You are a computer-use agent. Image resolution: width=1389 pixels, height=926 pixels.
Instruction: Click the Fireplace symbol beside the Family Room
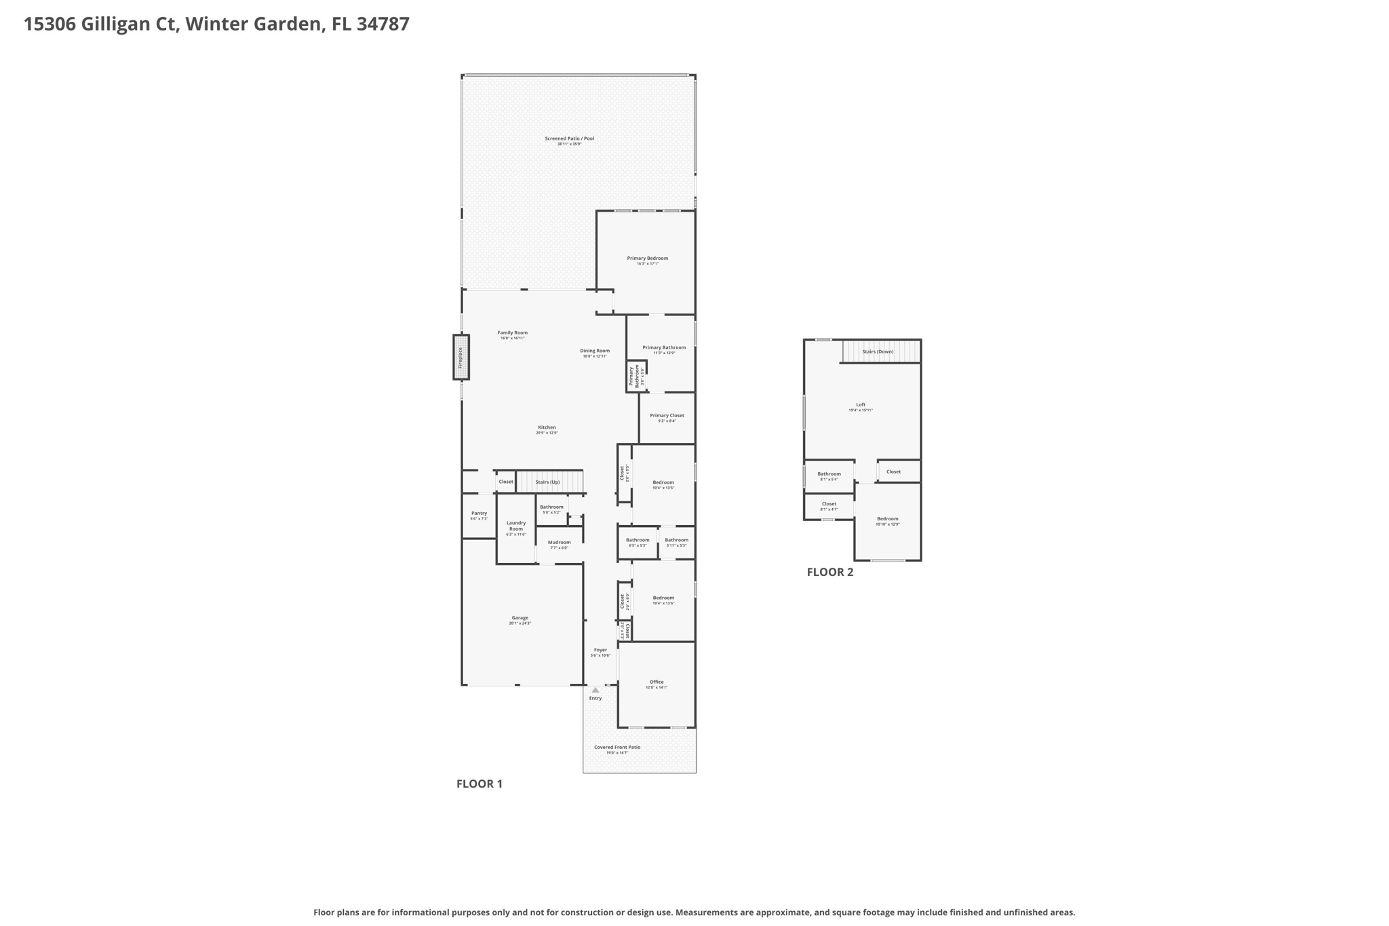coord(461,357)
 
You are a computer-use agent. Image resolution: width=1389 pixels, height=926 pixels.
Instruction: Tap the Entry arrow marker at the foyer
coord(595,690)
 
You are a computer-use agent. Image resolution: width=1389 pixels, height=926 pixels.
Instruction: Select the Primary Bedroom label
coord(647,258)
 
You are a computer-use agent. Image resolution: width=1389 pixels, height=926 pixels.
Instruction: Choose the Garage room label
coord(520,618)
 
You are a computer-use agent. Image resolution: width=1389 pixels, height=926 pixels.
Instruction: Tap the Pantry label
coord(479,514)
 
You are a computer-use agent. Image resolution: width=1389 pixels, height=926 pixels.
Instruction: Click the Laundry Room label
coord(515,526)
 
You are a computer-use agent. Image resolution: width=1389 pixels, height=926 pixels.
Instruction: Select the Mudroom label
coord(559,543)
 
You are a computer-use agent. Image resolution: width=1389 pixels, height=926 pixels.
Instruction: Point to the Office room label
coord(656,682)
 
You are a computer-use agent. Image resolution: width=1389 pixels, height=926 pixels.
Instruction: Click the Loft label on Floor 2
coord(861,405)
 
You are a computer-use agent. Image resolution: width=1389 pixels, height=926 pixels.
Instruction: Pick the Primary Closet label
coord(667,416)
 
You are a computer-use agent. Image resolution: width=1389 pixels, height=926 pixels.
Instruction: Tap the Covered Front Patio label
coord(617,748)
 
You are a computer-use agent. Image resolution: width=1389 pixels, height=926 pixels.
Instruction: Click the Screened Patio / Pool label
coord(569,139)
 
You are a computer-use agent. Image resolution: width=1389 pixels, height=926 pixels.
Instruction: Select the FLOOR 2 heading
coord(829,572)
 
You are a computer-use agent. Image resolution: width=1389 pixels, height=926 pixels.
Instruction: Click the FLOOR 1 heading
coord(479,784)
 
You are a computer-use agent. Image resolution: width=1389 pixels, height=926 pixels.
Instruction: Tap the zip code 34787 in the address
coord(383,24)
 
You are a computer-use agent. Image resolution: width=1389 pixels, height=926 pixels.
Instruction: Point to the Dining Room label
coord(595,351)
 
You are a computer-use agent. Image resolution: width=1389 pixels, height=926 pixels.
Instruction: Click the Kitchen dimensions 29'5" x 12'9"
coord(547,433)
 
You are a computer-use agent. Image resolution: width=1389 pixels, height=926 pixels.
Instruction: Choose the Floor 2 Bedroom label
coord(887,519)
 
